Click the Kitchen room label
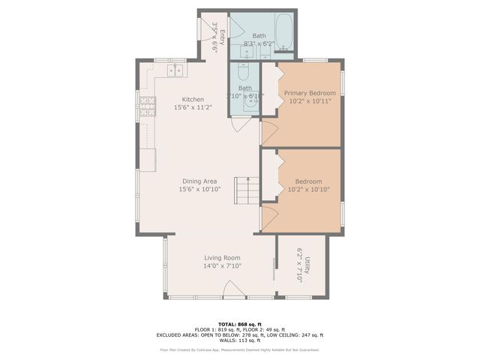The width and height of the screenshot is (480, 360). tap(193, 99)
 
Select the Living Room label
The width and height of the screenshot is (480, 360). tap(222, 257)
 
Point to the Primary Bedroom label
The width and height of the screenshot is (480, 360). tap(309, 93)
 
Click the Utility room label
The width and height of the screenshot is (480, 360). tap(307, 265)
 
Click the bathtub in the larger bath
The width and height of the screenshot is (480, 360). tap(285, 35)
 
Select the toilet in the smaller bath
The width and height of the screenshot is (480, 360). tap(243, 73)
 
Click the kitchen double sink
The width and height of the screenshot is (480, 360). tap(175, 71)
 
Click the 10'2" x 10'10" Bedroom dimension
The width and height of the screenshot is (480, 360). tap(308, 190)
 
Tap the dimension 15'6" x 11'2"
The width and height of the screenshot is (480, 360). tap(193, 108)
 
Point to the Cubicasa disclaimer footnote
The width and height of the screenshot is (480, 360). tap(239, 349)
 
